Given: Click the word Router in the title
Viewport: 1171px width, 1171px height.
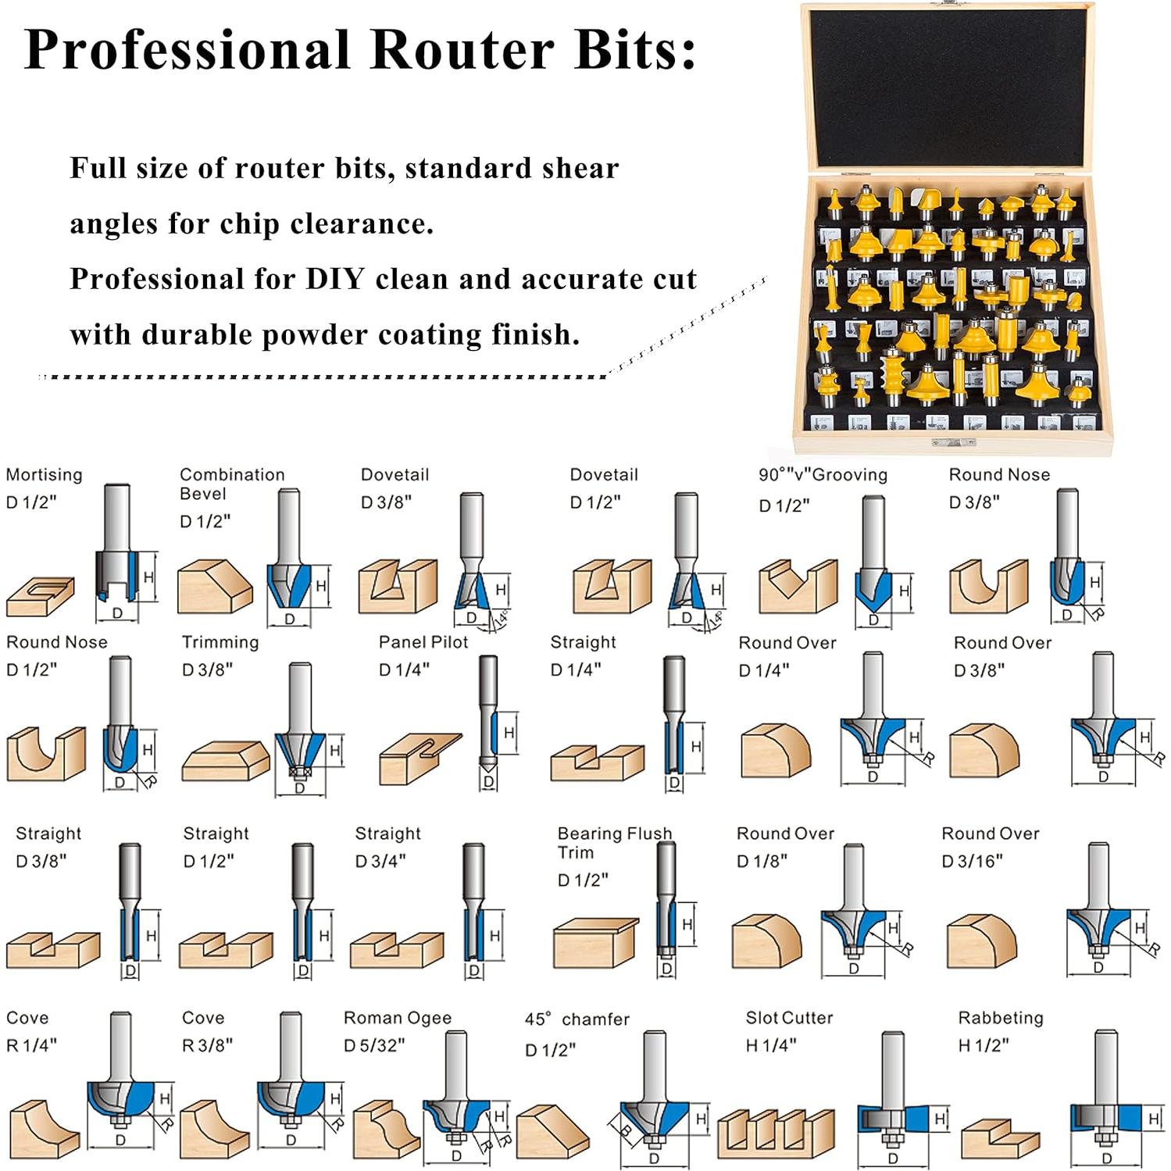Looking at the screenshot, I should (x=462, y=50).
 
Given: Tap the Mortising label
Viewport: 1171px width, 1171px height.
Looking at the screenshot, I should (x=44, y=475).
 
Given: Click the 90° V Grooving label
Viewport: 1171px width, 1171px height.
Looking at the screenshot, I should (x=823, y=475).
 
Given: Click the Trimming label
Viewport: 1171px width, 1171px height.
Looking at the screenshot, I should (x=220, y=642).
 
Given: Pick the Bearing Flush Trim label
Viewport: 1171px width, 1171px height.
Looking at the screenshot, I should (x=614, y=842).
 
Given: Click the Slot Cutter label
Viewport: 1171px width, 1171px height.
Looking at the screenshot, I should (x=789, y=1018).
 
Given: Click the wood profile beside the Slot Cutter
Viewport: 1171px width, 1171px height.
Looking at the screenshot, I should (x=776, y=1133).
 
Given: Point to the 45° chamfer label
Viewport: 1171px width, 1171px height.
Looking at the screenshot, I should (x=577, y=1019).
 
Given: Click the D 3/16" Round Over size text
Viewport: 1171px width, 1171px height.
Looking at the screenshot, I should (x=972, y=861).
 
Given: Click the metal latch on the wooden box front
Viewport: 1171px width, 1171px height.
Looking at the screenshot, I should (x=954, y=443).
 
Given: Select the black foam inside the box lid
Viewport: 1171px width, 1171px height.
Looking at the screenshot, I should (x=947, y=86).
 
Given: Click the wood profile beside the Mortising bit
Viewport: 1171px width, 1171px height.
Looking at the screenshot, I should (x=41, y=597).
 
